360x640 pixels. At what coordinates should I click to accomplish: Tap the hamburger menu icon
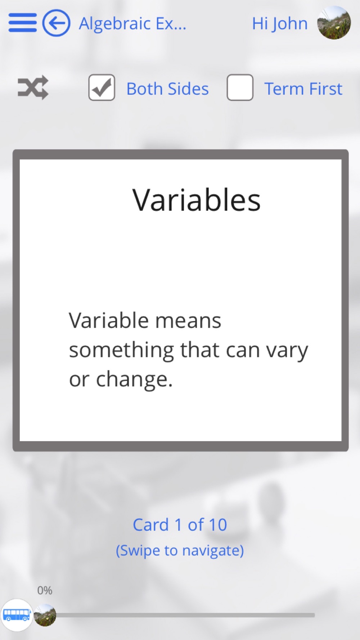pos(22,23)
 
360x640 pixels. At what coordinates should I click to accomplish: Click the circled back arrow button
pos(56,23)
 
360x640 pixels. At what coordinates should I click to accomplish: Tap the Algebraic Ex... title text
pos(132,24)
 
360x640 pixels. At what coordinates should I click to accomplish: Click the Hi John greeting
pos(280,24)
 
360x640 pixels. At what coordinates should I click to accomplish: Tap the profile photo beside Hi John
pos(334,23)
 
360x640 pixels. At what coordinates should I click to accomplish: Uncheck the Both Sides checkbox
pos(102,87)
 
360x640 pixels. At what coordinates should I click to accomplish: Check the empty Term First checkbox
pos(240,87)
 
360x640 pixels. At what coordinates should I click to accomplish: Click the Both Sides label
pos(167,89)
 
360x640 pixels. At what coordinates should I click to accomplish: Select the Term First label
pos(303,89)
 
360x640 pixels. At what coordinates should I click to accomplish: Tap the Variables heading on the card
pos(197,200)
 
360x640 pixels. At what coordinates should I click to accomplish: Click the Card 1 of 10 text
pos(180,525)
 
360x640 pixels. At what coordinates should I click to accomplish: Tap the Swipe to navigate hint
pos(180,551)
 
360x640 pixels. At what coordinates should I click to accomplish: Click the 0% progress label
pos(45,590)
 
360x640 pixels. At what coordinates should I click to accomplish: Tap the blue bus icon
pos(17,615)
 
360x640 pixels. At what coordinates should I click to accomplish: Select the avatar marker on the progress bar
pos(45,615)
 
